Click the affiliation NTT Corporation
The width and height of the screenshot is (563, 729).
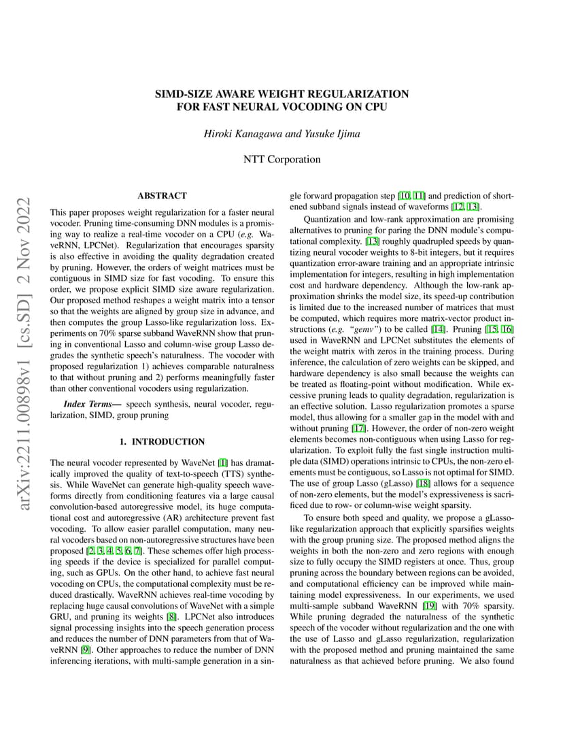pyautogui.click(x=281, y=160)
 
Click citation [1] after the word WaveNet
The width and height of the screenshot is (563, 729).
pyautogui.click(x=220, y=462)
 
